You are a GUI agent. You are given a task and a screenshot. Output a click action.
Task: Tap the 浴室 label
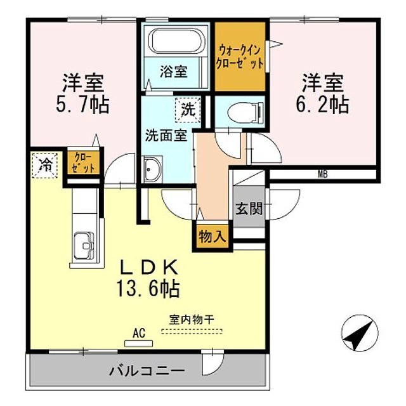point(173,71)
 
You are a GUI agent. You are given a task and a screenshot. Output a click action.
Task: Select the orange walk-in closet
point(239,56)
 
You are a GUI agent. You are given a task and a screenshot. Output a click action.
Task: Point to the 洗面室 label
point(165,135)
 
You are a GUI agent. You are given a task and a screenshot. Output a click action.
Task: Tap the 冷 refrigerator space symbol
point(45,165)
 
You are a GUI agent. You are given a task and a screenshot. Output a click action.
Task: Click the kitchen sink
point(84,245)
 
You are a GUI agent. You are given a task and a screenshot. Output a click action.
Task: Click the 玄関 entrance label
point(249,209)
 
